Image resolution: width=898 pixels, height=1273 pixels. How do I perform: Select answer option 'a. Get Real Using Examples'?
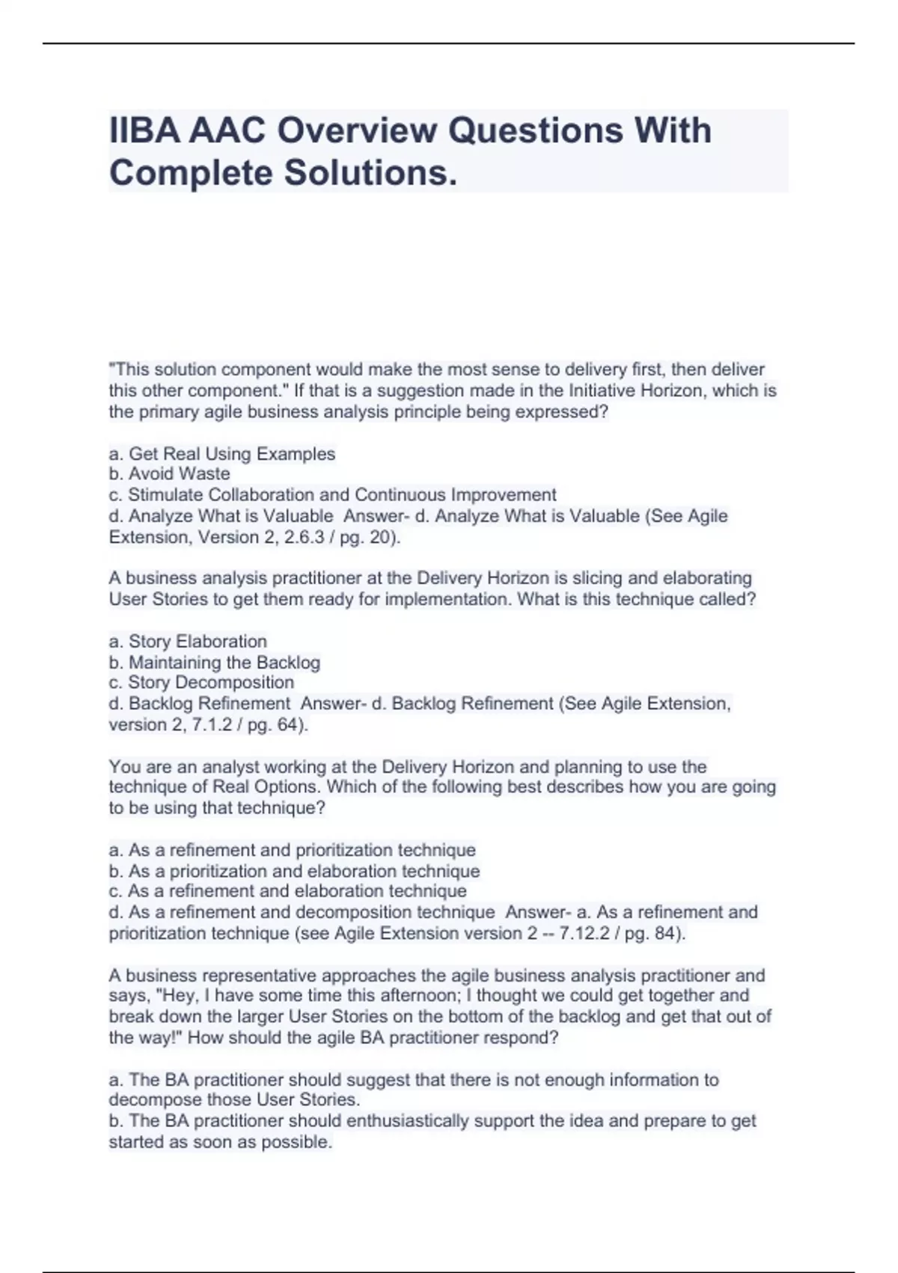222,454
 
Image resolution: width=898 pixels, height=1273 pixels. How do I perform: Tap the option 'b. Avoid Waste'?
170,474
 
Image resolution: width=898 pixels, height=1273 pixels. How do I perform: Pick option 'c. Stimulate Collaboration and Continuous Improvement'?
333,495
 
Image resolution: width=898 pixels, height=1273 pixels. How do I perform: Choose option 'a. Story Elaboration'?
188,642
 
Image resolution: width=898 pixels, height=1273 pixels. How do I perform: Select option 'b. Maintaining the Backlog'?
215,663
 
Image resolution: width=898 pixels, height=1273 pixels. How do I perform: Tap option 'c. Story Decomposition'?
201,683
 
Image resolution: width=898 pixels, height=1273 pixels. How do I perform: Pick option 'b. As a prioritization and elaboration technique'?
294,872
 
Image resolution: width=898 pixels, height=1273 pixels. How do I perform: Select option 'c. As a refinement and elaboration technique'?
288,892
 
